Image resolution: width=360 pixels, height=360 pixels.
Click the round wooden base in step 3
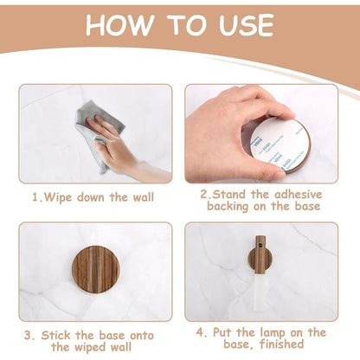pyautogui.click(x=95, y=267)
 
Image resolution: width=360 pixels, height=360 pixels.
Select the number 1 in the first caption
pyautogui.click(x=35, y=197)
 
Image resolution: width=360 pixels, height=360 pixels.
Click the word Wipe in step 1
pyautogui.click(x=59, y=197)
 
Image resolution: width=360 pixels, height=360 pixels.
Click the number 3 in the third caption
pyautogui.click(x=28, y=333)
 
